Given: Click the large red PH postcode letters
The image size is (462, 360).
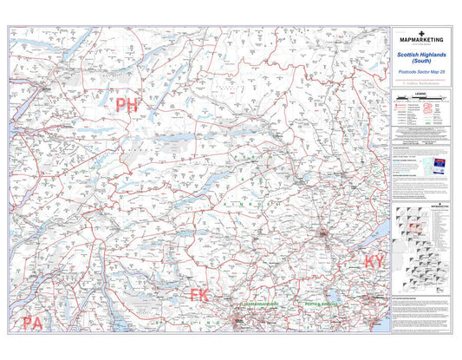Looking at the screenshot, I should point(127,106).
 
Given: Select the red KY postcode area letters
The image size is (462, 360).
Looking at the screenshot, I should point(374,262).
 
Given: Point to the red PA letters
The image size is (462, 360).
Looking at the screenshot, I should point(33,324).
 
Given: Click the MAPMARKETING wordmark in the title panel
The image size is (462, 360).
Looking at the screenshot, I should point(422,40).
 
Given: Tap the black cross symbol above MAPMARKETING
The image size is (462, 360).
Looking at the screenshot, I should point(422,32).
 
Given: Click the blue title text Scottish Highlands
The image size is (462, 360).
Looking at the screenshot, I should point(422,53).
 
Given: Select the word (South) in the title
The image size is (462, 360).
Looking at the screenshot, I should point(422,60).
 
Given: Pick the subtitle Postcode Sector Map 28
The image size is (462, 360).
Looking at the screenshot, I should point(422,71).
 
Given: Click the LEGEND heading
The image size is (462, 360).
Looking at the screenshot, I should point(422,90).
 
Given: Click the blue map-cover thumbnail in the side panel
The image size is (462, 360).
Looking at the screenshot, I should point(439,165).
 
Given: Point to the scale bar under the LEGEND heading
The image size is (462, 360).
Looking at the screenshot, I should point(422,96).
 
